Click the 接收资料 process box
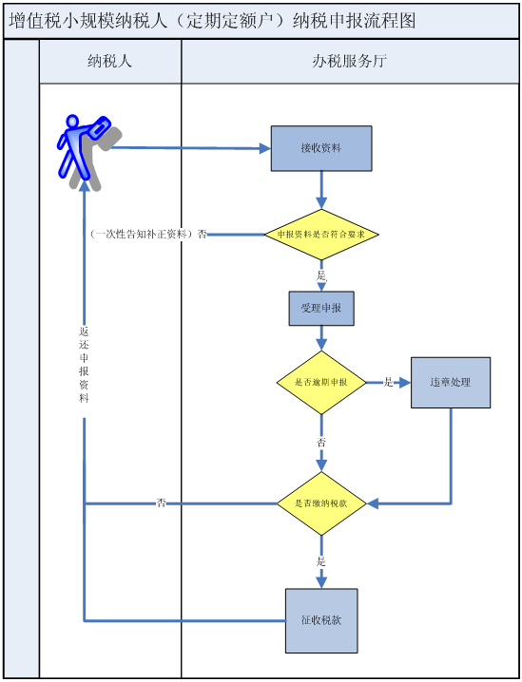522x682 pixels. click(x=321, y=148)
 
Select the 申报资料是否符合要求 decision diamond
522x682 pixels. click(x=321, y=235)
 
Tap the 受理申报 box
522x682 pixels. click(x=321, y=309)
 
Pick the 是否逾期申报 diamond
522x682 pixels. click(x=321, y=383)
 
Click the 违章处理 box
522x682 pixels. click(x=451, y=383)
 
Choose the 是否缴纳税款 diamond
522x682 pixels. click(x=321, y=503)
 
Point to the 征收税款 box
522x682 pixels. click(x=321, y=620)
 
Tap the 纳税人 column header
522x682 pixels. click(x=109, y=62)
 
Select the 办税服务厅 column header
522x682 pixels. click(x=349, y=62)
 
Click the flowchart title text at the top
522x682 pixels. click(x=212, y=20)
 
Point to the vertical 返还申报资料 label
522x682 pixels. click(x=84, y=365)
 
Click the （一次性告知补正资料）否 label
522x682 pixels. click(x=148, y=235)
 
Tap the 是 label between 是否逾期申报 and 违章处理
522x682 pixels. click(x=388, y=383)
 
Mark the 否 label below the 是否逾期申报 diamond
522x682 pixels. click(x=321, y=444)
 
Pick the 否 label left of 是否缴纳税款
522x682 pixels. click(x=161, y=503)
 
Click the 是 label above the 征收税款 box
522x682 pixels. click(x=321, y=561)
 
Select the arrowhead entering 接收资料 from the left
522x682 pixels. click(x=265, y=148)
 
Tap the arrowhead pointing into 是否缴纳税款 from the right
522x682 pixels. click(x=373, y=503)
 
